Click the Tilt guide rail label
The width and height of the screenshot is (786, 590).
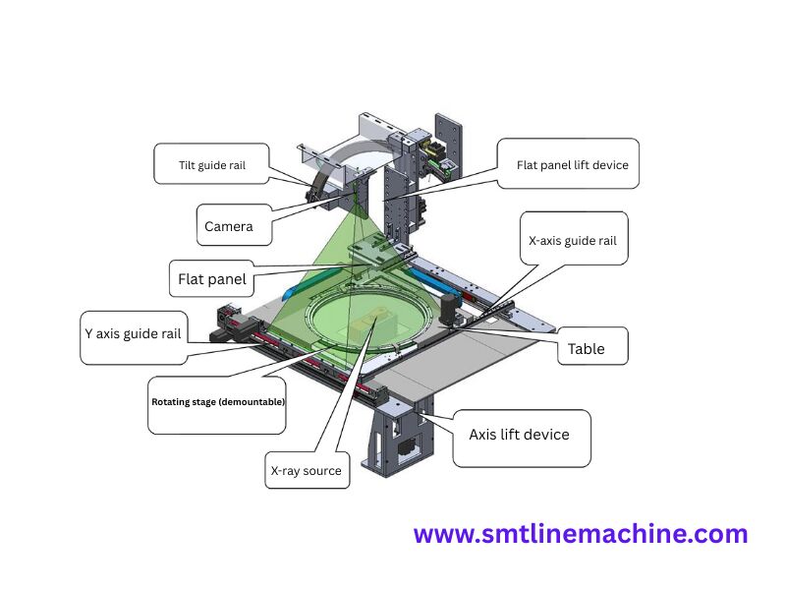[x=212, y=165]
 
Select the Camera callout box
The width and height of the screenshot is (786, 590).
[x=229, y=226]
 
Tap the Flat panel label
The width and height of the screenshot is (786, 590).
[x=212, y=279]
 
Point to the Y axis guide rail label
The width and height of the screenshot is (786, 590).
[x=133, y=333]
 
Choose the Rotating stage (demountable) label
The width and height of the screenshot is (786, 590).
[x=217, y=402]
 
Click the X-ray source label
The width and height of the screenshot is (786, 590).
[x=306, y=471]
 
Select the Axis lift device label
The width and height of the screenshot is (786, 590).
[x=519, y=435]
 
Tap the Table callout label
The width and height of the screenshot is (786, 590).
[x=586, y=349]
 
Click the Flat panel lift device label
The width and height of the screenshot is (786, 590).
[x=572, y=165]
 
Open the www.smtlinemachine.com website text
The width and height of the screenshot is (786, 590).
[x=581, y=535]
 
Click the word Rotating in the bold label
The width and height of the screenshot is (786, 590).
[x=171, y=402]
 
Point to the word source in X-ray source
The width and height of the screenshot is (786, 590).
[x=322, y=471]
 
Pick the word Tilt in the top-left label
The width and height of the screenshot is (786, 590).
[x=187, y=165]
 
